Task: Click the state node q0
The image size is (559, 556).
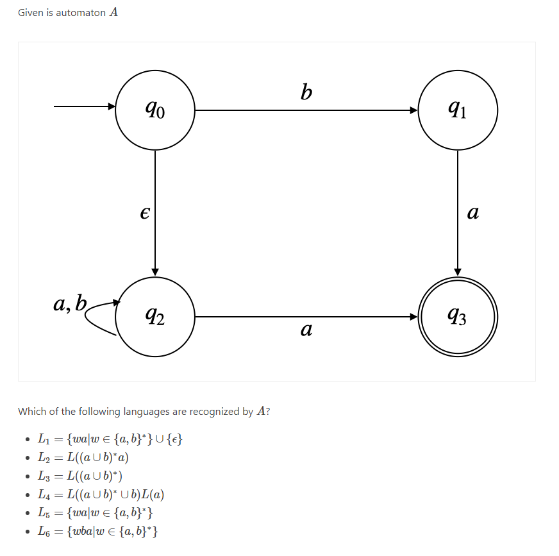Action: point(155,110)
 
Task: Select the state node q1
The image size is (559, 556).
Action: point(458,110)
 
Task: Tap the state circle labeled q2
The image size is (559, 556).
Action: point(155,316)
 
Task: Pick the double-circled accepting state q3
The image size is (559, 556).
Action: point(458,316)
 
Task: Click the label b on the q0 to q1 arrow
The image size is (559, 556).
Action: point(306,94)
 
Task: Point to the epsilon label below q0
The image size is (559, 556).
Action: point(145,213)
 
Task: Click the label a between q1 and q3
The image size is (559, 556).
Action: point(473,213)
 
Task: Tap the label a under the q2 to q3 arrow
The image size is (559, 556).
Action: point(306,331)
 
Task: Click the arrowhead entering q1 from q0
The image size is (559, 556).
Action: point(413,110)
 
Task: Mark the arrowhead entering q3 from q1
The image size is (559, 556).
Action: point(458,271)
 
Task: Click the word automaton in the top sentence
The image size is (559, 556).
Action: point(80,13)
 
